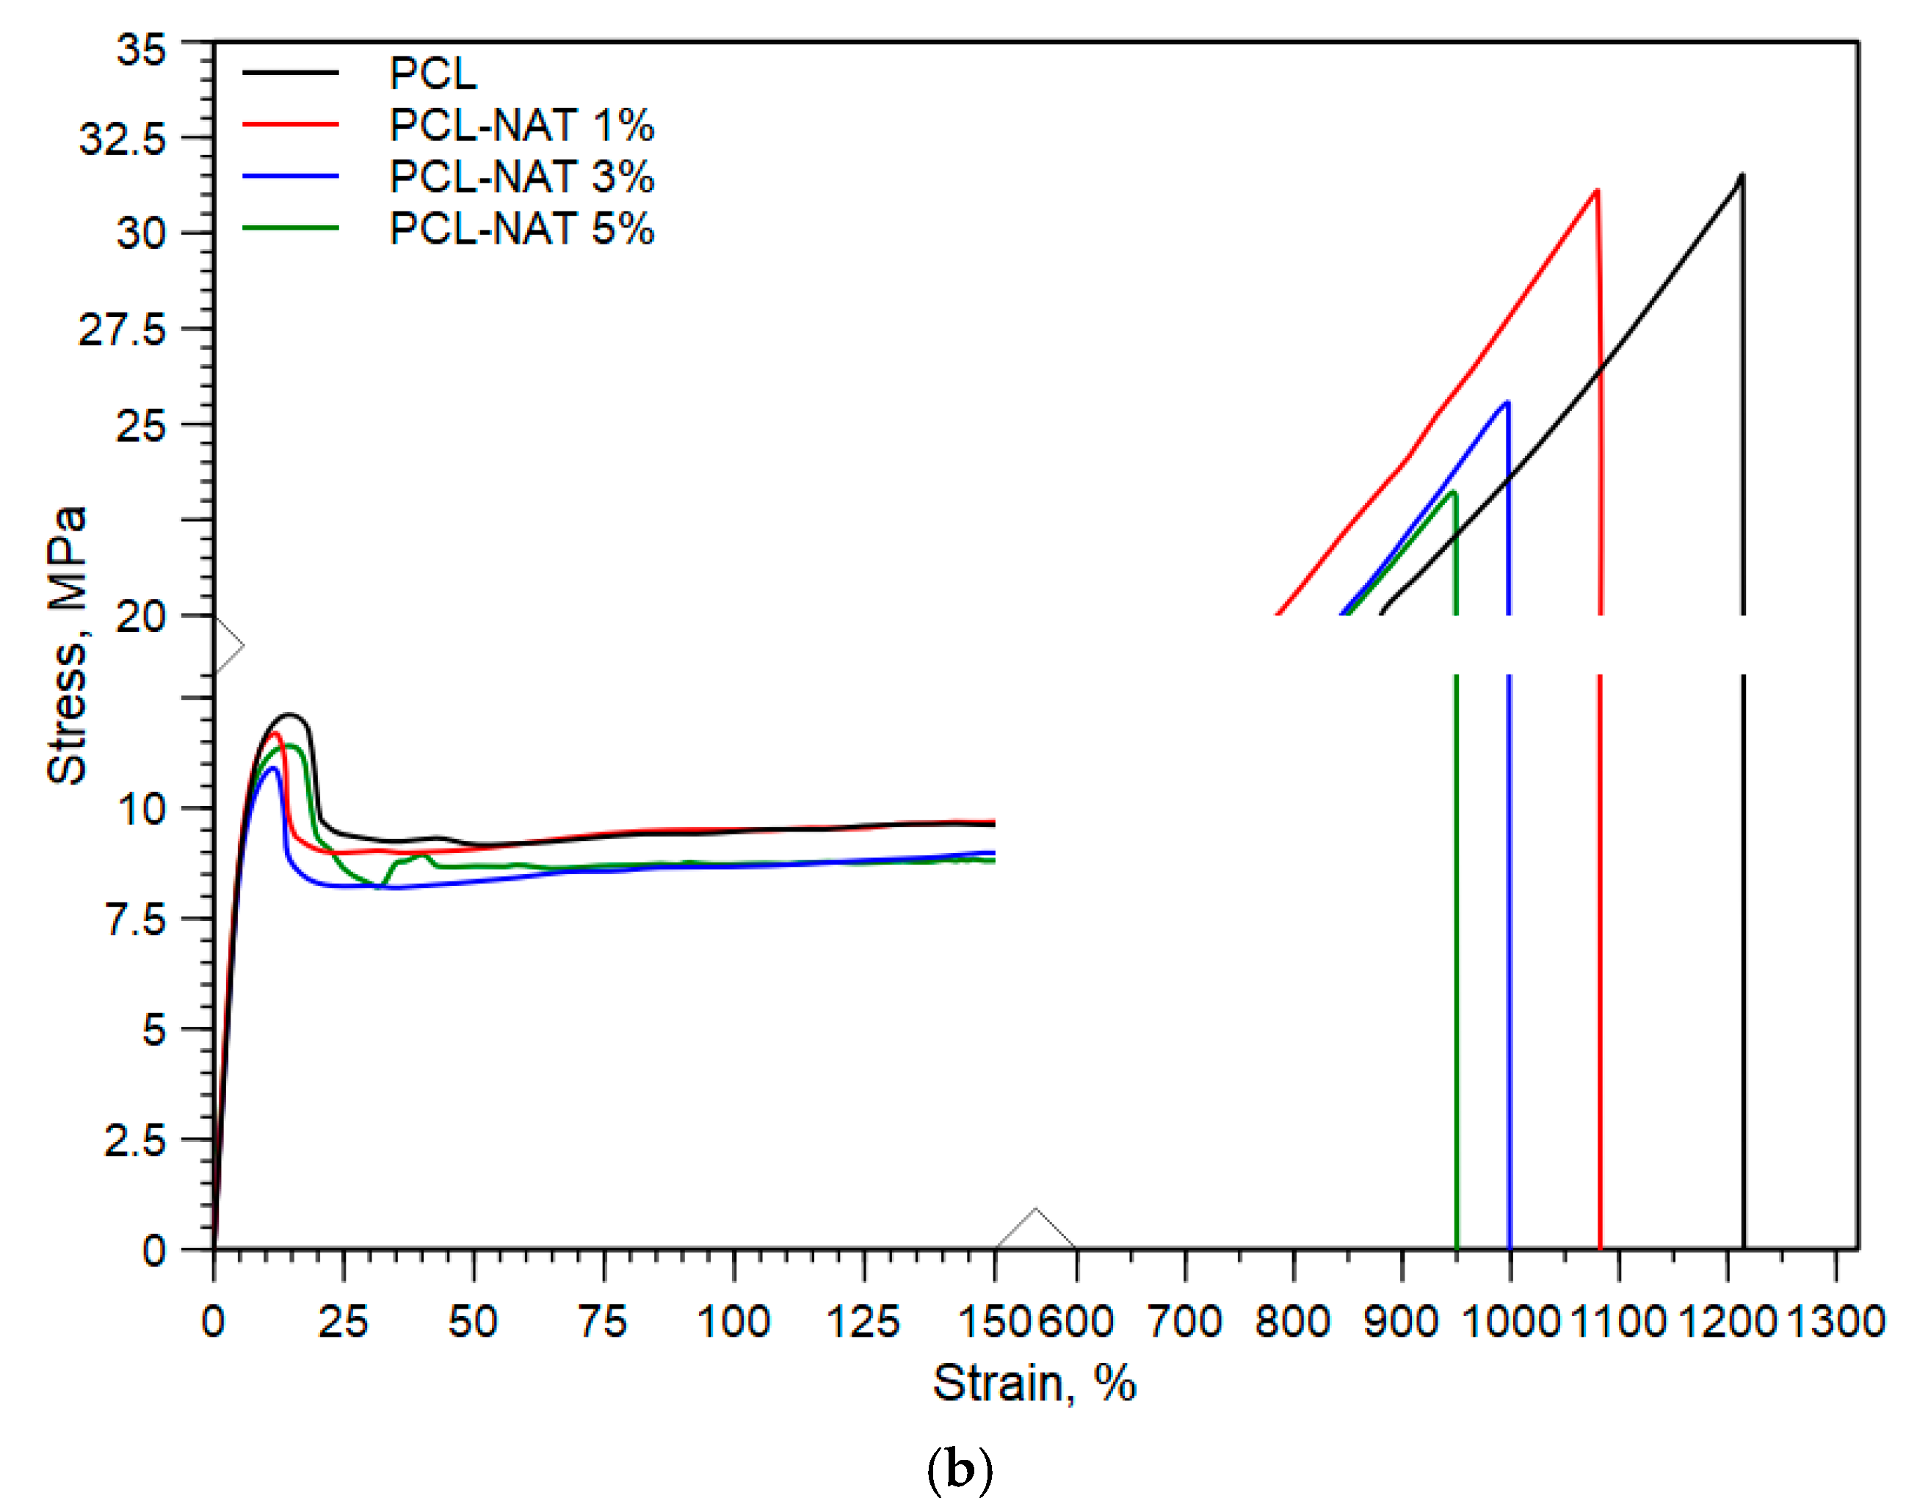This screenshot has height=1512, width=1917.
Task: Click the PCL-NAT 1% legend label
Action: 521,125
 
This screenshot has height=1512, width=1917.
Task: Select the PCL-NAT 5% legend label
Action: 521,228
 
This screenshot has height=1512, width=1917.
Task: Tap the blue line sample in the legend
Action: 291,176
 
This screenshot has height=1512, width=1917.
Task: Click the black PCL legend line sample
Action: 291,73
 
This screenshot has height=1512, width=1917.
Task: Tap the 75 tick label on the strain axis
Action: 602,1323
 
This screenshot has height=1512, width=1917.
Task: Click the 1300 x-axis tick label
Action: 1836,1323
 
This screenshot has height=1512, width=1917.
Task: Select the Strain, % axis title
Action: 1033,1383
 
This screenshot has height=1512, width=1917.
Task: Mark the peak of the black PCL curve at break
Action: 1741,175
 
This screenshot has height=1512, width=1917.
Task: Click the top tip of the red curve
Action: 1595,190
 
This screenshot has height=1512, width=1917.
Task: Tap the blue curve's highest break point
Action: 1506,403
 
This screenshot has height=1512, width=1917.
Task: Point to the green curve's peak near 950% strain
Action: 1452,493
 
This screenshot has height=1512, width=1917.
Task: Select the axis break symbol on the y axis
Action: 228,645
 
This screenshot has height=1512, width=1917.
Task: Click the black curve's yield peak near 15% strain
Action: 289,714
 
